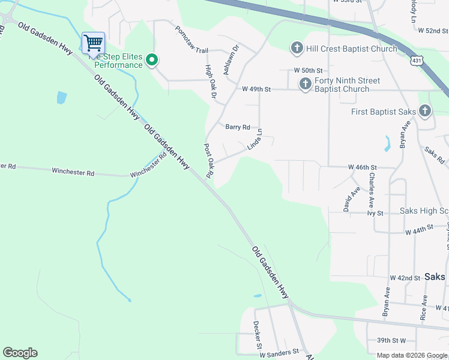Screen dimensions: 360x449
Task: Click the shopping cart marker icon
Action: coord(93,43)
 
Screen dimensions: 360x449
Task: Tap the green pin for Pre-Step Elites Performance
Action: coord(152,59)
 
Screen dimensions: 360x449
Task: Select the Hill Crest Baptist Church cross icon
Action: coord(297,48)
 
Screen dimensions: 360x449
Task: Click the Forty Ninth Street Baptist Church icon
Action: coord(305,83)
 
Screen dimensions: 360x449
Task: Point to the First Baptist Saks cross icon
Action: coord(425,111)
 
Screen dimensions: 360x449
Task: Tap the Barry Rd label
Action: coord(237,127)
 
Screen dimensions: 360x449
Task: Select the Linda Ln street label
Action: coord(255,140)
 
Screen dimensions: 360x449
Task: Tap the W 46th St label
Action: coord(362,167)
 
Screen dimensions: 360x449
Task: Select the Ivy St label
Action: coord(375,212)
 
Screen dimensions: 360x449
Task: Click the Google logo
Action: coord(20,353)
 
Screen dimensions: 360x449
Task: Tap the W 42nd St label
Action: coord(405,278)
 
